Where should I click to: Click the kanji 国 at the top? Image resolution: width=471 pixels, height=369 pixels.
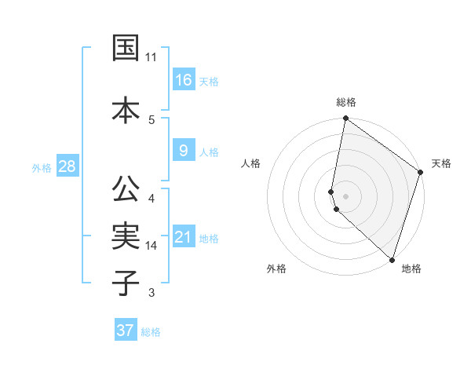click(126, 48)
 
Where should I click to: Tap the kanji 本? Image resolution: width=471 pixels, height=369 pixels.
click(126, 110)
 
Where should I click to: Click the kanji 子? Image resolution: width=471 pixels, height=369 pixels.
click(126, 282)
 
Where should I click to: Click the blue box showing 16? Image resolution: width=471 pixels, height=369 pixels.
click(184, 79)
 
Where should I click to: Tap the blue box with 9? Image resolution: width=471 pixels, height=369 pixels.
click(184, 151)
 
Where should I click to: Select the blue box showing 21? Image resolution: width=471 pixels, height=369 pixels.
click(184, 237)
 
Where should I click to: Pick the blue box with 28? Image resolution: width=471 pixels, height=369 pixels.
click(68, 166)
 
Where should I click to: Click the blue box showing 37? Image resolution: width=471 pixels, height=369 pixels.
click(126, 331)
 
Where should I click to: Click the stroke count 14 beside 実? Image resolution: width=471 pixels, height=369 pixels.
click(152, 246)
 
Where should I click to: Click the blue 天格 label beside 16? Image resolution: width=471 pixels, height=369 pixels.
click(208, 82)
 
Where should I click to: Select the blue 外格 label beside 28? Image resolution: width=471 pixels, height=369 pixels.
click(42, 168)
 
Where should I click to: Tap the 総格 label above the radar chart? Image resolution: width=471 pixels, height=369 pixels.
click(346, 102)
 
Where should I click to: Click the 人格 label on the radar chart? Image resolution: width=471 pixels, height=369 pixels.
click(251, 163)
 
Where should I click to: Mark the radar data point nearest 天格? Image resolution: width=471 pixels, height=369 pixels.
click(421, 173)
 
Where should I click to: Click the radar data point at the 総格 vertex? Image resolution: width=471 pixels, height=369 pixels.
click(345, 119)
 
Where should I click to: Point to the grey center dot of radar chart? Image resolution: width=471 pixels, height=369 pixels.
click(346, 195)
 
